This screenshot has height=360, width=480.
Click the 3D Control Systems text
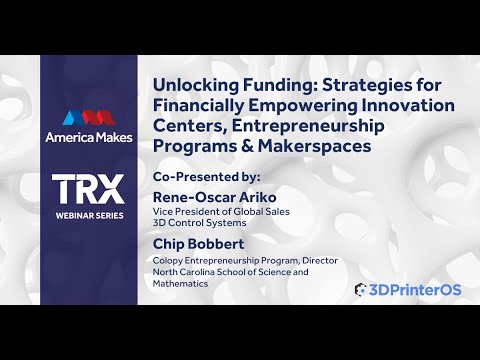[x=191, y=223]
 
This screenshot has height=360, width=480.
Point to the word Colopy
[x=170, y=260]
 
